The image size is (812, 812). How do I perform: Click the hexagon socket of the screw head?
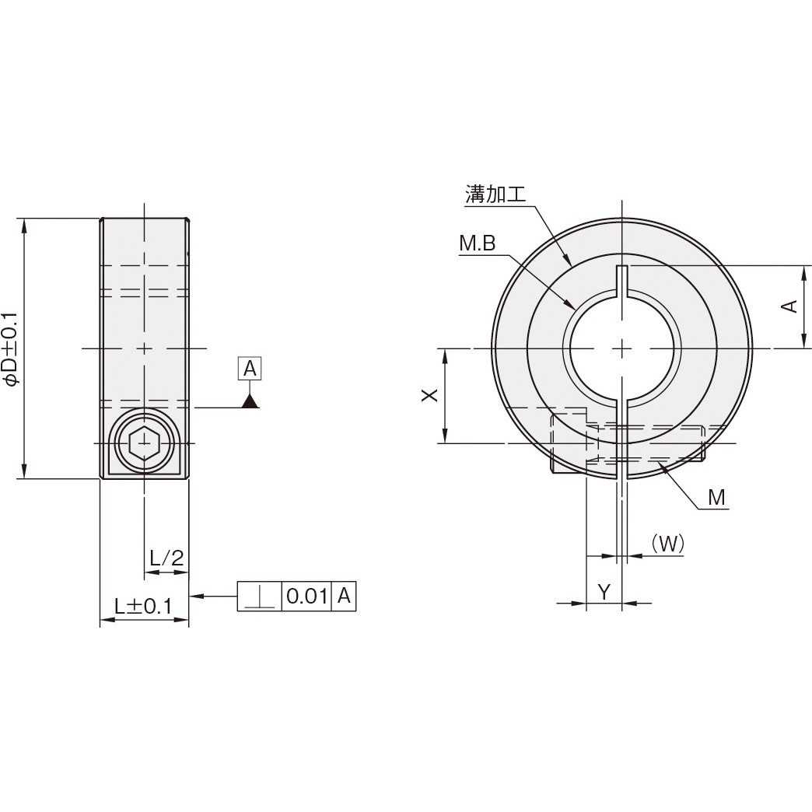[144, 443]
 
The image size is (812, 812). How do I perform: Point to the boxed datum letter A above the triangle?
[250, 369]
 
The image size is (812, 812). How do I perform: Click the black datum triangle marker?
[250, 401]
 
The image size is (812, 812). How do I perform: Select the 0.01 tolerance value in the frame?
[306, 597]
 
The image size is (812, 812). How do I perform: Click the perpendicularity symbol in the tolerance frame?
[259, 597]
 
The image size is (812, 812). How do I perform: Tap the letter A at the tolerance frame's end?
[345, 597]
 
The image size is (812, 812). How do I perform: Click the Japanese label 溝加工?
[495, 194]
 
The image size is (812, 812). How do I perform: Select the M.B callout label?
[477, 244]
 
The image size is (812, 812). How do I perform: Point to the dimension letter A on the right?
[789, 306]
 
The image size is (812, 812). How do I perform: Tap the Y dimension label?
[604, 592]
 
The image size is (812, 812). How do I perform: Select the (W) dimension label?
[667, 544]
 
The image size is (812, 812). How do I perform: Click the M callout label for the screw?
[716, 498]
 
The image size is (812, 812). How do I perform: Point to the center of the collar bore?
[621, 348]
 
